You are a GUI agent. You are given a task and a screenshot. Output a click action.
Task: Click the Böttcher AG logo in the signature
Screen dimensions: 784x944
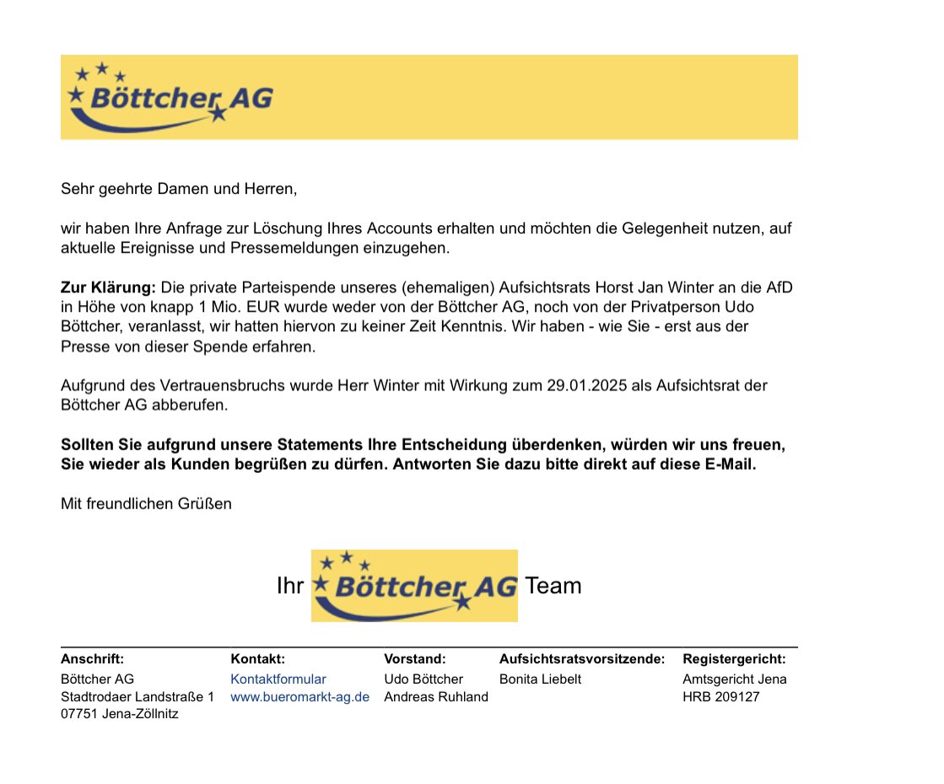pos(414,586)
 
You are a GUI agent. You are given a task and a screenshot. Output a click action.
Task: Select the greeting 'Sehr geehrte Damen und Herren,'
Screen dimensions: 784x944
pos(179,189)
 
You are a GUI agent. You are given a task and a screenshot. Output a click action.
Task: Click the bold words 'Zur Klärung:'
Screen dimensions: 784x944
pos(108,287)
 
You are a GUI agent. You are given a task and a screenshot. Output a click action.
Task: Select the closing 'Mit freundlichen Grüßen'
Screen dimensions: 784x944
pos(146,504)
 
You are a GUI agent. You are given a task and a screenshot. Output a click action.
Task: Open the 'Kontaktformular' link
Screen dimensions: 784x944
pos(278,679)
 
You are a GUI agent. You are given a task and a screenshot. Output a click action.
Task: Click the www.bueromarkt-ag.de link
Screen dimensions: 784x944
pos(299,696)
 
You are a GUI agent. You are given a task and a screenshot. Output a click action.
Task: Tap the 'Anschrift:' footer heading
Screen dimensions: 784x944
pos(92,659)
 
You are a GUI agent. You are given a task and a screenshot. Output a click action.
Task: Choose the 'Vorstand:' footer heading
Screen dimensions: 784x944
pos(414,659)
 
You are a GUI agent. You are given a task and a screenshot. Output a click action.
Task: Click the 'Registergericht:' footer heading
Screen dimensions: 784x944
pos(734,659)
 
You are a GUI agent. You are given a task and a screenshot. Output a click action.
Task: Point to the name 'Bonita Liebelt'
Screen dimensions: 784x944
pos(540,679)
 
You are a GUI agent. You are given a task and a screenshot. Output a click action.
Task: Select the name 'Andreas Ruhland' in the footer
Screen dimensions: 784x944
pos(435,696)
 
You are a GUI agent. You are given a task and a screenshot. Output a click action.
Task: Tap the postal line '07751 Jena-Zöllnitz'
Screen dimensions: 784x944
pos(119,714)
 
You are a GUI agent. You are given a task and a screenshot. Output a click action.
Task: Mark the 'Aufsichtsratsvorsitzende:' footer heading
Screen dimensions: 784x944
pos(582,659)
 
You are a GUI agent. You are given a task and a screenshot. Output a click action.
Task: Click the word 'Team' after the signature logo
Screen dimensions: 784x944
pos(553,586)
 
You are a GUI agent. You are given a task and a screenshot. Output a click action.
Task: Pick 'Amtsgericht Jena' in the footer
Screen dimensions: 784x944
pos(734,679)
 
